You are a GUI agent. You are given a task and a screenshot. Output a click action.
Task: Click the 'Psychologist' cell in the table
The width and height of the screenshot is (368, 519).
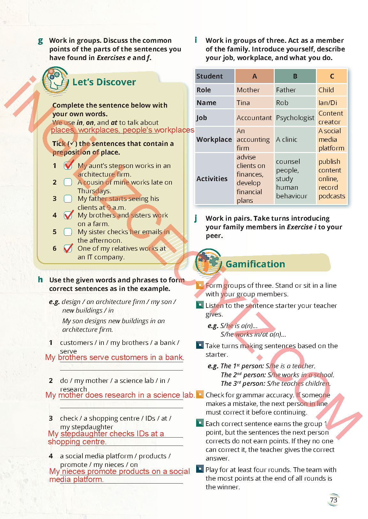(295, 118)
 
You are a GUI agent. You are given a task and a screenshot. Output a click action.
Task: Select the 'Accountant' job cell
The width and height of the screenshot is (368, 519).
(254, 118)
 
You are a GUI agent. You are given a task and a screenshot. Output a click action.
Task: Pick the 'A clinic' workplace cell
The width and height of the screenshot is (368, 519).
(287, 140)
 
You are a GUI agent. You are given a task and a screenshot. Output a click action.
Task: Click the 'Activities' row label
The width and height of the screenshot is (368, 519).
(212, 179)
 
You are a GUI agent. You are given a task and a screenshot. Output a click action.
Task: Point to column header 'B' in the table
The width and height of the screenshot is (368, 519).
(295, 76)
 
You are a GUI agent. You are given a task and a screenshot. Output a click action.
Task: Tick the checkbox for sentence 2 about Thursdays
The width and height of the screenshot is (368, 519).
(68, 182)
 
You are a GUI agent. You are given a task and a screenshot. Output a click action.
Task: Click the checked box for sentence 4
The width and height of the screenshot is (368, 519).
(68, 215)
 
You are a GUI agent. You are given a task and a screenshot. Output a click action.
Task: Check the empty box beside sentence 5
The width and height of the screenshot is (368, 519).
(68, 232)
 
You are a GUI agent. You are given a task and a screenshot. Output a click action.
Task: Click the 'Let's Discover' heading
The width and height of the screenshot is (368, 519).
(104, 82)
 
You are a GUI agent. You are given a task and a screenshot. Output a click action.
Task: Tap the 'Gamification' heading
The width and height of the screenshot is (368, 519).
(255, 264)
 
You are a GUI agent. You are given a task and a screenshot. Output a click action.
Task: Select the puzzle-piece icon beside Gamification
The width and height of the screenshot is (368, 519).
(208, 262)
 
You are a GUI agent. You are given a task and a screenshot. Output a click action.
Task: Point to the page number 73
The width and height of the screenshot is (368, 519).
(333, 500)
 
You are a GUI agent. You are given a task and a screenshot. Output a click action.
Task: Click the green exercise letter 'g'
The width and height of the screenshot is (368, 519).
(40, 41)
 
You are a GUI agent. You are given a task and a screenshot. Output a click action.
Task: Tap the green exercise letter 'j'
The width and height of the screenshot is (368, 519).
(196, 218)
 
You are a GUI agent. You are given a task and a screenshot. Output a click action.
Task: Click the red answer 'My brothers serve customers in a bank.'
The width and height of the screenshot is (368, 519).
(115, 357)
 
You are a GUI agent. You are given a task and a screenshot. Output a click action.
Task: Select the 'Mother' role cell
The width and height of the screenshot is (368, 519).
(248, 90)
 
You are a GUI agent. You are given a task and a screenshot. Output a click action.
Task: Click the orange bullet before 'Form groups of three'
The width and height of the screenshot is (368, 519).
(200, 285)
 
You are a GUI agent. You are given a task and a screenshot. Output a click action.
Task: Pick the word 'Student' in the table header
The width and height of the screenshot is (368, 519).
(209, 76)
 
